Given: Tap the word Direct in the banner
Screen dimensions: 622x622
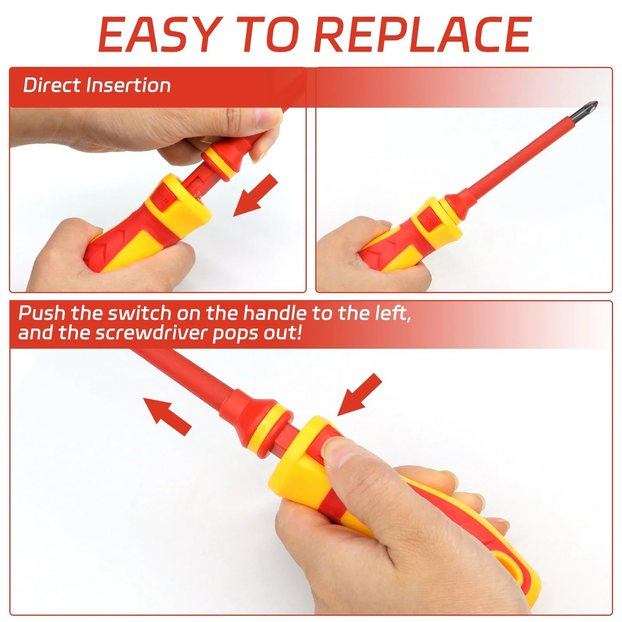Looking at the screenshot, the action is click(52, 85).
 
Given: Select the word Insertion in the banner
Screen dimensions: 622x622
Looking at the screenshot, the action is click(129, 85).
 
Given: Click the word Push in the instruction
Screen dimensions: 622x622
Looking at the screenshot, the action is click(42, 313).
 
